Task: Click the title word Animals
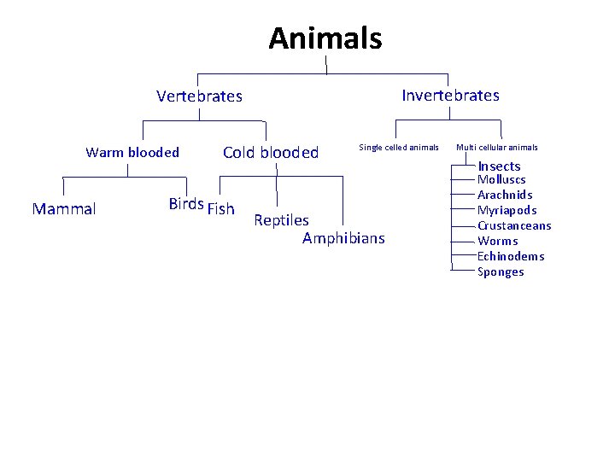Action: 325,38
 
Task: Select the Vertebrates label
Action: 199,96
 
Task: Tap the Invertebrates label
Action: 450,95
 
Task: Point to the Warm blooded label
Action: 132,153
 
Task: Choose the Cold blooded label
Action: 270,153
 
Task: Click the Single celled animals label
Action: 398,148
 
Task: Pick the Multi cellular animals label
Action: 496,148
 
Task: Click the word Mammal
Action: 64,209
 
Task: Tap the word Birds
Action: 186,204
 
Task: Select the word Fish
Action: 220,209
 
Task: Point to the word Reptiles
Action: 281,221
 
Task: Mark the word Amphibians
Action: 343,238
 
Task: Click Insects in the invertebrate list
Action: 499,166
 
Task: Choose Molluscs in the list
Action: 501,180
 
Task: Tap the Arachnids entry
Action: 505,195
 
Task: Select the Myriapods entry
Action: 507,211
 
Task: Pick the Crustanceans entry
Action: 514,226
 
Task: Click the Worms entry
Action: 498,242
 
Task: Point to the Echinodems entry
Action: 511,257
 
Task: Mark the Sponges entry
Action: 501,272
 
